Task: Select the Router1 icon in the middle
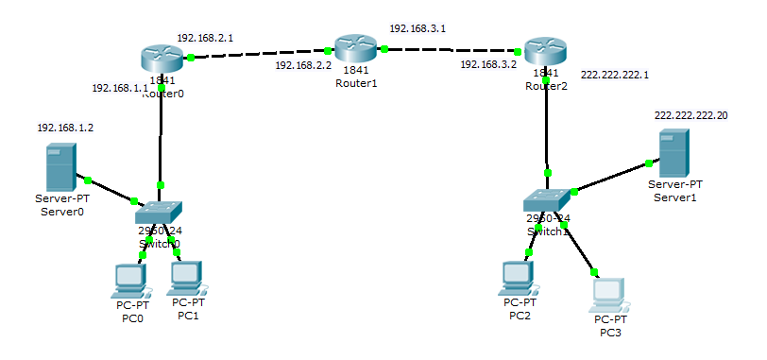tap(355, 48)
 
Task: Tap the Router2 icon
tap(546, 52)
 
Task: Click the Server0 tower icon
tap(60, 166)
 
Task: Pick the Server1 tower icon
tap(673, 148)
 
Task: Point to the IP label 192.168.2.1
tap(205, 38)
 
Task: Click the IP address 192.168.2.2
tap(303, 66)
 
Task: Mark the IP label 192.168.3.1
tap(418, 29)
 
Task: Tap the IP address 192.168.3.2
tap(488, 65)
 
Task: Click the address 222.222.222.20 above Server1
tap(691, 114)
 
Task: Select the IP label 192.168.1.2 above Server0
tap(65, 127)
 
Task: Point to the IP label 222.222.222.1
tap(615, 73)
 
